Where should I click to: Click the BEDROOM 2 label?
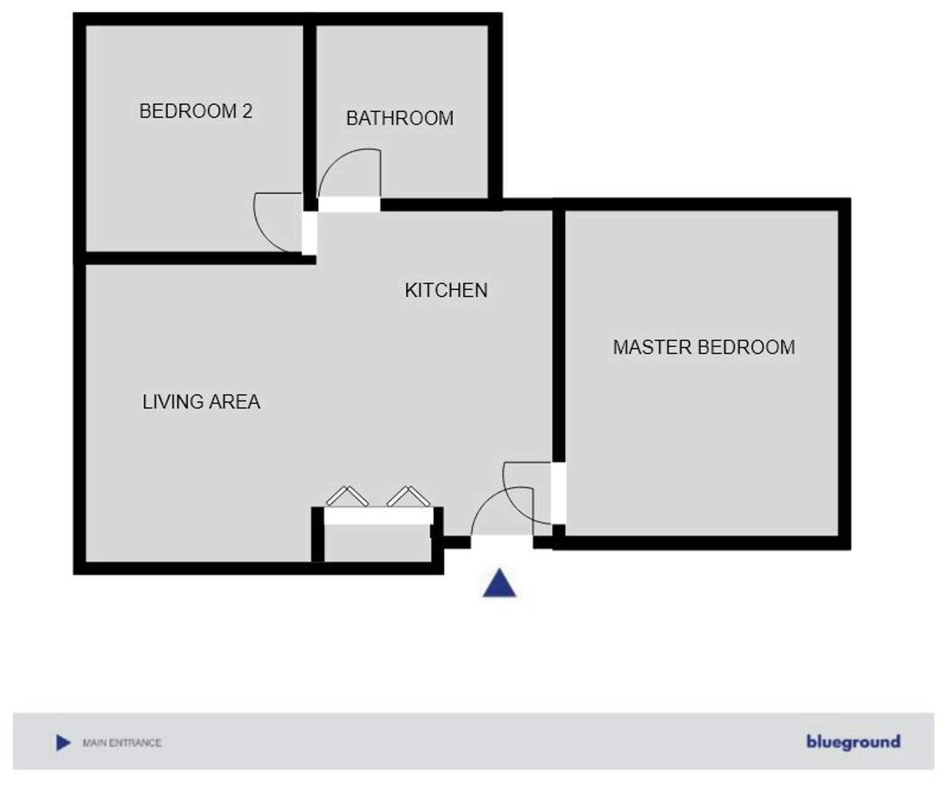pyautogui.click(x=195, y=111)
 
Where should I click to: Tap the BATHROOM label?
pyautogui.click(x=400, y=118)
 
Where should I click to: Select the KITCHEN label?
pyautogui.click(x=446, y=291)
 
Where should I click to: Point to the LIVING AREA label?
pyautogui.click(x=201, y=402)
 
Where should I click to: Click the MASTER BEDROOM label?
pyautogui.click(x=704, y=347)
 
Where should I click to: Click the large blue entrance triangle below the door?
pyautogui.click(x=499, y=584)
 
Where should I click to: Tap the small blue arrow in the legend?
pyautogui.click(x=63, y=742)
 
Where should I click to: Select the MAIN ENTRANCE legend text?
pyautogui.click(x=122, y=742)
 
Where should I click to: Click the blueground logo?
pyautogui.click(x=853, y=742)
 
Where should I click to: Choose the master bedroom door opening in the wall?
pyautogui.click(x=559, y=493)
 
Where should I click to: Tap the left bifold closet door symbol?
pyautogui.click(x=347, y=497)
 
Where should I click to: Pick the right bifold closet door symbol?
pyautogui.click(x=408, y=497)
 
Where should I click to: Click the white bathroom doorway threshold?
pyautogui.click(x=349, y=204)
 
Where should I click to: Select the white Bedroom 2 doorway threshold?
pyautogui.click(x=309, y=233)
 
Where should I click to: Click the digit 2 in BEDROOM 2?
pyautogui.click(x=247, y=111)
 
